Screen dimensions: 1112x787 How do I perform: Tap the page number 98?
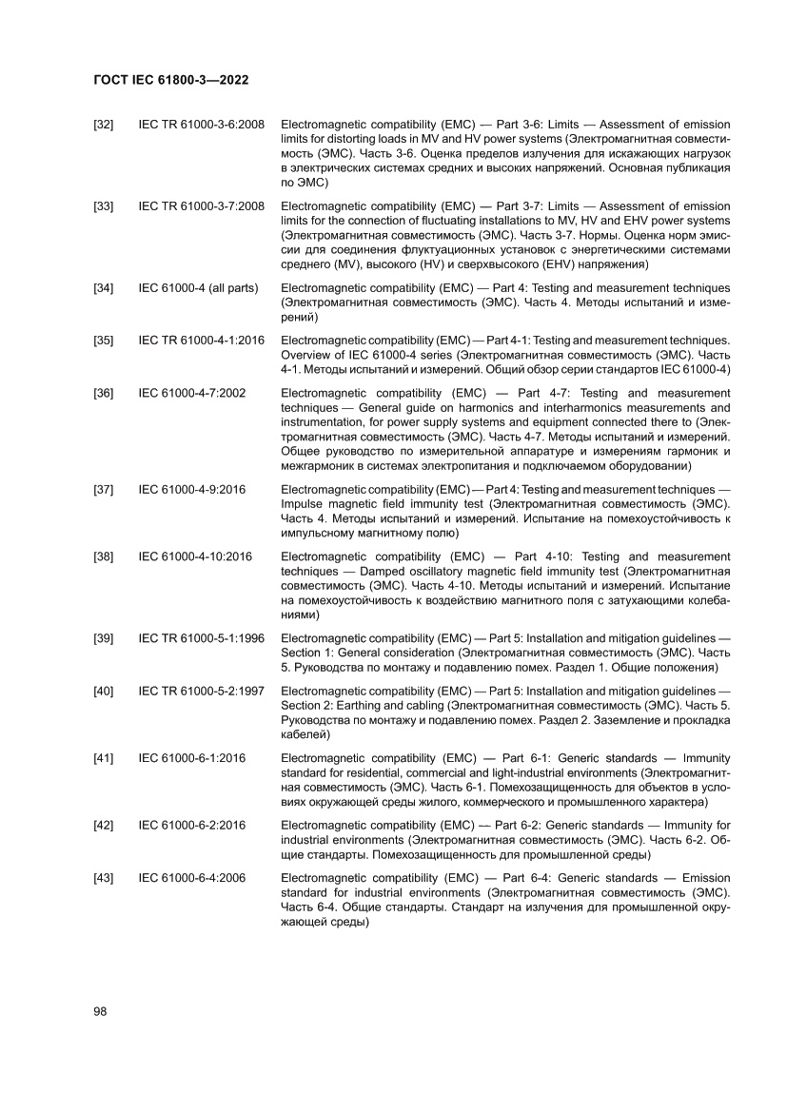pyautogui.click(x=100, y=1011)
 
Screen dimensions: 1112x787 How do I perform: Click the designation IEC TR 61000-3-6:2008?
pyautogui.click(x=202, y=125)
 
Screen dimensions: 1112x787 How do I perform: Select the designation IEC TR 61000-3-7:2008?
pyautogui.click(x=202, y=206)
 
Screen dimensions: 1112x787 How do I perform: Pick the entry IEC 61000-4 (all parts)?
pyautogui.click(x=198, y=287)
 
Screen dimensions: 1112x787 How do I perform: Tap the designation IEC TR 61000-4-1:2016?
pyautogui.click(x=202, y=340)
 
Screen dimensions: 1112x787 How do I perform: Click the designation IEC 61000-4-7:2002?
pyautogui.click(x=192, y=393)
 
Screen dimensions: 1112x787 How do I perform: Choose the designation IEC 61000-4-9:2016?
pyautogui.click(x=192, y=489)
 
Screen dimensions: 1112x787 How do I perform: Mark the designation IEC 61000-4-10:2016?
pyautogui.click(x=195, y=556)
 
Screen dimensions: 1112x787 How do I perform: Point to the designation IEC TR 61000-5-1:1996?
pyautogui.click(x=202, y=637)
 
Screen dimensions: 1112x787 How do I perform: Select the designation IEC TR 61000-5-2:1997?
pyautogui.click(x=202, y=691)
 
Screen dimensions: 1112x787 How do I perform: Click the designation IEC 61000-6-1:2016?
pyautogui.click(x=192, y=758)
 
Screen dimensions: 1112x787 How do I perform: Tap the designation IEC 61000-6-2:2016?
pyautogui.click(x=192, y=825)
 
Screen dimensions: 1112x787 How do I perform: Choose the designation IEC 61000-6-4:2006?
pyautogui.click(x=192, y=878)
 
